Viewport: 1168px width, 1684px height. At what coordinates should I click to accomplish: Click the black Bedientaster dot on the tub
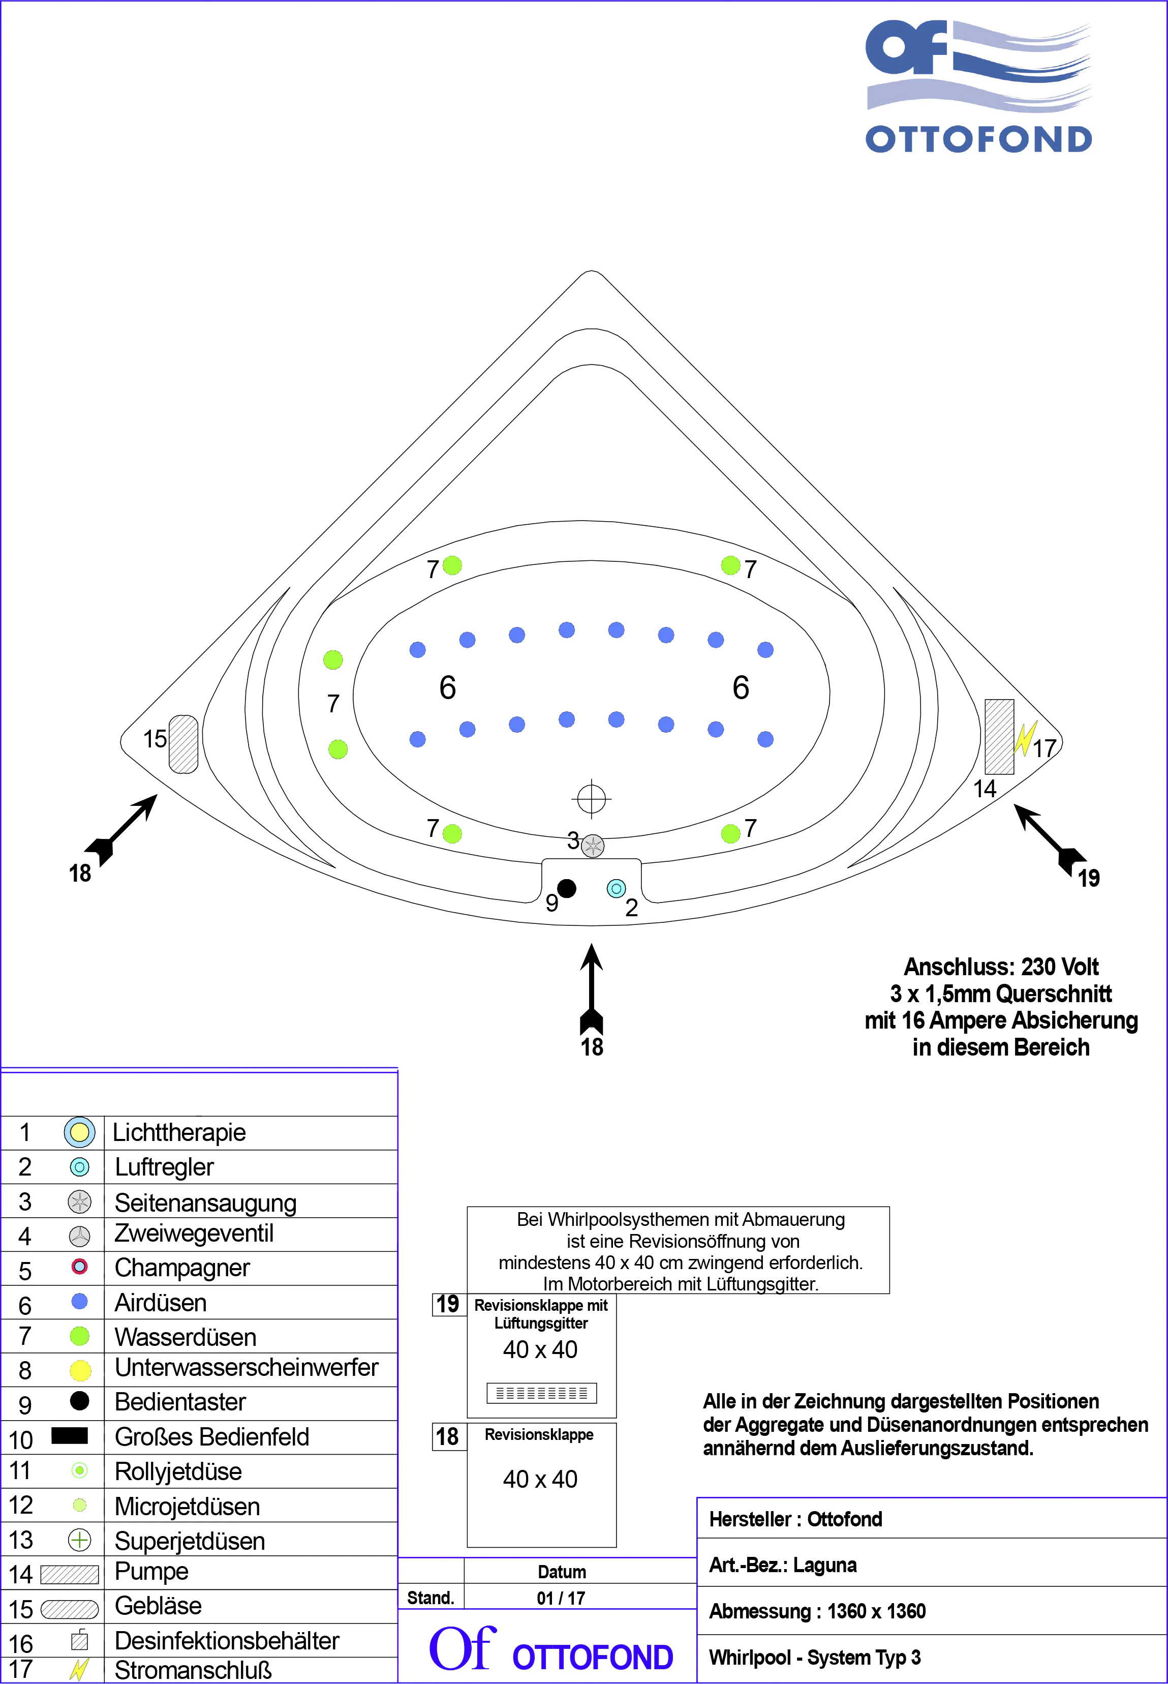coord(566,888)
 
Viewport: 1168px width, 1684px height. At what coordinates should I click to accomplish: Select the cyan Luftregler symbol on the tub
coord(616,889)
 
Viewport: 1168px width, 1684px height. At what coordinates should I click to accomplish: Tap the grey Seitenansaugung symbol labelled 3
coord(593,847)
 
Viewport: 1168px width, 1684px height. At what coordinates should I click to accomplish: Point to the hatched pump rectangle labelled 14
coord(999,737)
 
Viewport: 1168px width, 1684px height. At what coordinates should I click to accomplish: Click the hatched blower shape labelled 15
coord(183,744)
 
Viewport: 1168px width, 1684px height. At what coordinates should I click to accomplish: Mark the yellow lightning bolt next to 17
coord(1025,739)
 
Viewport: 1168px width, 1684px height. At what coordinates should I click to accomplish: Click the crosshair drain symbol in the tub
coord(591,799)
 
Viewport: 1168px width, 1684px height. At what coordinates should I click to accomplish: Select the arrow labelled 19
coord(1050,838)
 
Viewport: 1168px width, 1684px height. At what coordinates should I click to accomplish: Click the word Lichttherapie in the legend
coord(179,1133)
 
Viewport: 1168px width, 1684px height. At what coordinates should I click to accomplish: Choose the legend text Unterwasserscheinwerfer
coord(247,1368)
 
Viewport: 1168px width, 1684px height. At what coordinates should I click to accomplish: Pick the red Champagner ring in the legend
coord(80,1266)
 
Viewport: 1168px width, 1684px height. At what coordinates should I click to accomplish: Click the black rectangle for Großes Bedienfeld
coord(70,1436)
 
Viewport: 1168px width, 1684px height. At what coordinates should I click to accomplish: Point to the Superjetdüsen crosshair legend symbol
coord(80,1540)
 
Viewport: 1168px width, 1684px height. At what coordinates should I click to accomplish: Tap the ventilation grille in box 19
coord(541,1393)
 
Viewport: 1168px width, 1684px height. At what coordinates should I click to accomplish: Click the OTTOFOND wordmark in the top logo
coord(978,139)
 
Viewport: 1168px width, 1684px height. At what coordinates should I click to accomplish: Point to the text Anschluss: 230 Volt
coord(1001,967)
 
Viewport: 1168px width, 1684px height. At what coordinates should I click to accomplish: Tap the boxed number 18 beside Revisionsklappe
coord(447,1436)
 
